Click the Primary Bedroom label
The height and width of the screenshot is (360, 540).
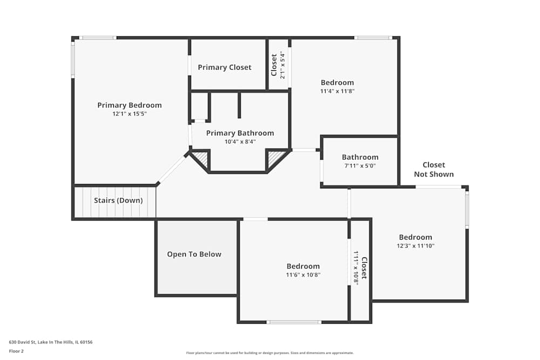click(x=130, y=105)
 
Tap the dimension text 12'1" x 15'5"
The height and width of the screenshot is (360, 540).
click(x=130, y=114)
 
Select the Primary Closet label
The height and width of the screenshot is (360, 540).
click(x=225, y=67)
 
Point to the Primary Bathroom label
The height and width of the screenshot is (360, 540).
click(x=240, y=133)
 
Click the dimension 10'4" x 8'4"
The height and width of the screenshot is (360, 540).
click(x=240, y=142)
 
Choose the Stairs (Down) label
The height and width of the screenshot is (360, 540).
click(x=118, y=200)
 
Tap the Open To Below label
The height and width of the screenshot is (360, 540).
click(x=194, y=254)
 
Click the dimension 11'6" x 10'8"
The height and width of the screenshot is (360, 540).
click(x=303, y=275)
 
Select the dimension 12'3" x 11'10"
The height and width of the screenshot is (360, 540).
click(x=415, y=246)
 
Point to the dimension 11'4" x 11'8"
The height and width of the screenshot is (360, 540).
click(x=337, y=91)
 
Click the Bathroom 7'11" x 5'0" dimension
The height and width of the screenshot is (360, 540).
click(x=360, y=166)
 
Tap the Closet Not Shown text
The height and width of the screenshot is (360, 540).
click(x=434, y=169)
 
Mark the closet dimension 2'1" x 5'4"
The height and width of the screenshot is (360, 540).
click(x=282, y=65)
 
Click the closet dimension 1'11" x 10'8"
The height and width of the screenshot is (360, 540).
click(x=356, y=268)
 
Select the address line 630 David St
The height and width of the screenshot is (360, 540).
click(x=51, y=342)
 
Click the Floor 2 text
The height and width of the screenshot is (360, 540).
click(x=16, y=351)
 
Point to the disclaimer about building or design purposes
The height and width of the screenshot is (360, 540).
click(x=269, y=353)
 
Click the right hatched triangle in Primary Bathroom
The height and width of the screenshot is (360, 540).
click(x=276, y=158)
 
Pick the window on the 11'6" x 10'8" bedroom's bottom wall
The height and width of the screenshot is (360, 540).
click(x=294, y=322)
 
